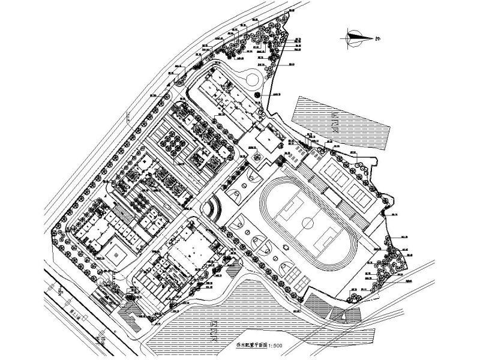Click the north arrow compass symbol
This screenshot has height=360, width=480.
(x=355, y=37)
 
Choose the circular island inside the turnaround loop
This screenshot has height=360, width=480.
(x=251, y=77)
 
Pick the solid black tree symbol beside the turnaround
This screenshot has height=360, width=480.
(x=258, y=95)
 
